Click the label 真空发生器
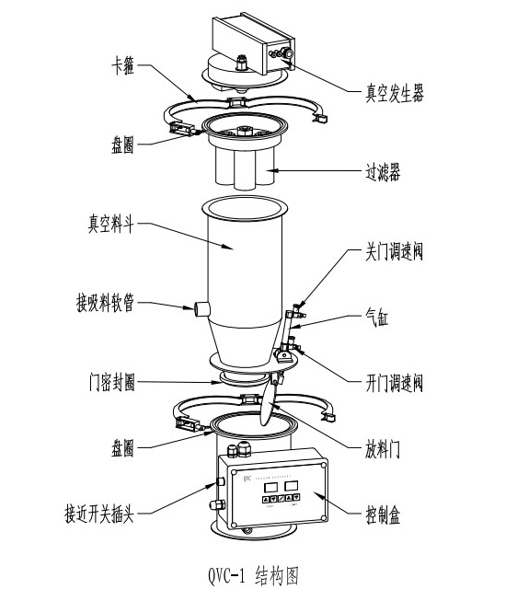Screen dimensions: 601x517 392,92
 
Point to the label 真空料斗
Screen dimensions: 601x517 110,223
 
